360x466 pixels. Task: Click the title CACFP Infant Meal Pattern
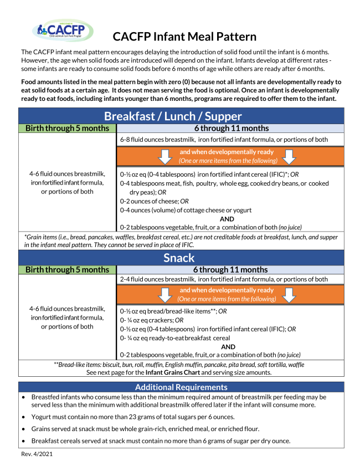pyautogui.click(x=184, y=37)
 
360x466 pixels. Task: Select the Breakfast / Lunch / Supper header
pyautogui.click(x=181, y=116)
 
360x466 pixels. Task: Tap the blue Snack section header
pyautogui.click(x=181, y=258)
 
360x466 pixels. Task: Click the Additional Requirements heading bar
pyautogui.click(x=181, y=387)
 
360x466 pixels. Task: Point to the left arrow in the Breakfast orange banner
pyautogui.click(x=164, y=157)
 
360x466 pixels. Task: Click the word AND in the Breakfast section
pyautogui.click(x=228, y=218)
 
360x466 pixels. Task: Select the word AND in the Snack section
pyautogui.click(x=228, y=346)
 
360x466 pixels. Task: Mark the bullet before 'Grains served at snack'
pyautogui.click(x=23, y=429)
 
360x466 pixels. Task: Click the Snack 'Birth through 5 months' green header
pyautogui.click(x=68, y=270)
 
